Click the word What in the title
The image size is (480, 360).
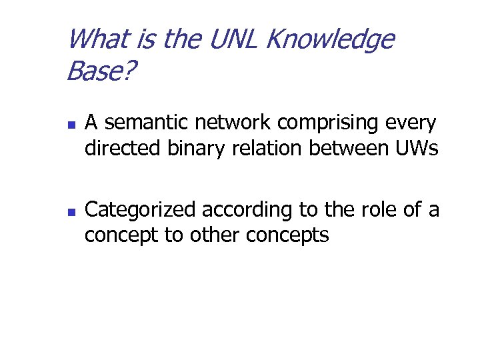pyautogui.click(x=97, y=40)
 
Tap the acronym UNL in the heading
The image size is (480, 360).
pyautogui.click(x=230, y=40)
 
